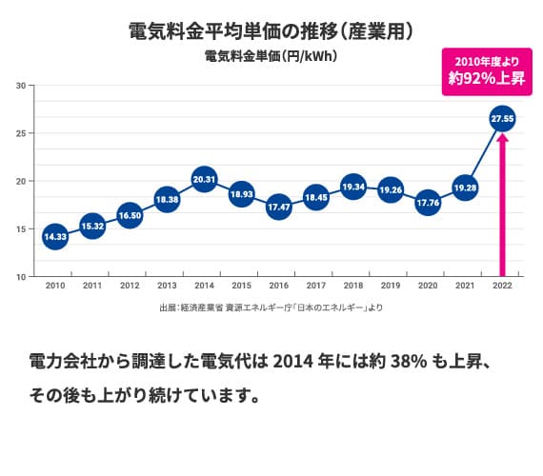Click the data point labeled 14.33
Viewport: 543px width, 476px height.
tap(55, 236)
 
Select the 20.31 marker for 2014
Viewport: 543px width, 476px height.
tap(204, 178)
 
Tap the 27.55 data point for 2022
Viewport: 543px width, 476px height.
tap(502, 119)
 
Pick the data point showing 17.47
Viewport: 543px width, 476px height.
tap(279, 206)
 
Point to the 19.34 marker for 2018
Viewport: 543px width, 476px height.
tap(353, 188)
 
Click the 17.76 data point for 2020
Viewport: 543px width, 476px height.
tap(428, 203)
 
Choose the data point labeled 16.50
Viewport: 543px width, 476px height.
tap(130, 215)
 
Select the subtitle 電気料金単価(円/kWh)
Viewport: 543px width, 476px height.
tap(271, 56)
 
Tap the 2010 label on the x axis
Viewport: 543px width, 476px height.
tap(55, 285)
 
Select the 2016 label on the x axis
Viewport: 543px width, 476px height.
tap(279, 285)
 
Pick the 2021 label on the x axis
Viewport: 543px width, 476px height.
tap(465, 285)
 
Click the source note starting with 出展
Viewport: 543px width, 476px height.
tap(271, 307)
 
